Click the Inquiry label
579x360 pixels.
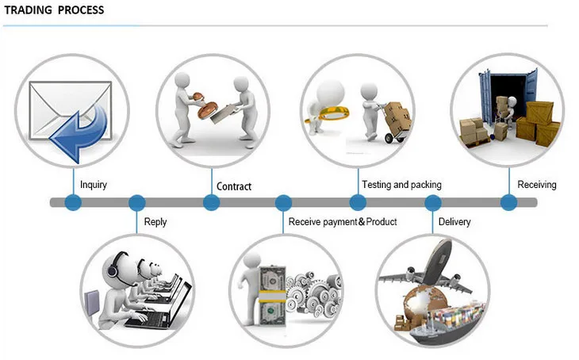(x=94, y=185)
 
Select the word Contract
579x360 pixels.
(x=234, y=186)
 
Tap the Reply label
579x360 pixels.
(x=155, y=222)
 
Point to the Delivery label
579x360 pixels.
(x=454, y=222)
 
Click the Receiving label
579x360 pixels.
(x=536, y=185)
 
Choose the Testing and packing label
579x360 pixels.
(x=401, y=185)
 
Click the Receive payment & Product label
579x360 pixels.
(x=343, y=222)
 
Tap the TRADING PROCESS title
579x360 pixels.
(x=54, y=10)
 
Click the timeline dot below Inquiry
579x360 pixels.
(x=73, y=202)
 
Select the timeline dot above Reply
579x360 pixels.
(x=136, y=203)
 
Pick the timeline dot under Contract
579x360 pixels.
(x=212, y=202)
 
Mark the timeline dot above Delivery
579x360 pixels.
(x=432, y=203)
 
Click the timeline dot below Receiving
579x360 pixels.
(x=508, y=202)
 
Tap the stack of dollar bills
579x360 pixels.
(x=273, y=297)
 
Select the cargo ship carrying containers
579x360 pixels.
(x=447, y=322)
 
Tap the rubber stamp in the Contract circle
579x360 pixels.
(x=202, y=105)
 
